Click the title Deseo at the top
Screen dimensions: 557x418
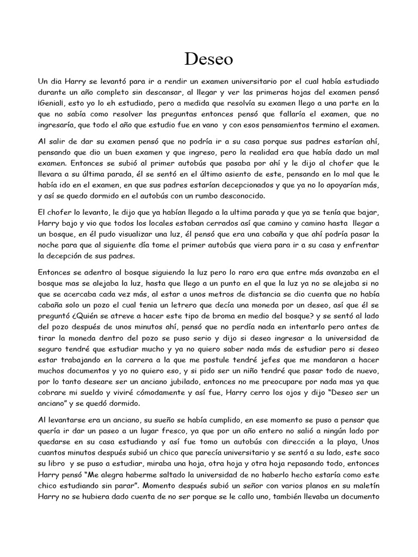point(209,56)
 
